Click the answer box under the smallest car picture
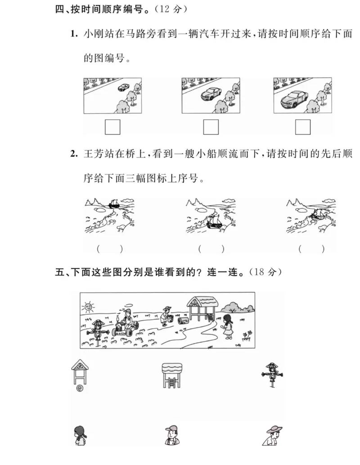112,127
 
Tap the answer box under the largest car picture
303,127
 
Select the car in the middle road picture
211,94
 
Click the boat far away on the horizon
114,204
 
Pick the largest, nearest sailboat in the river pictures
213,221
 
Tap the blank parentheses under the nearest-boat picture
211,248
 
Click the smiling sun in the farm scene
88,307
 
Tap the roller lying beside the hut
184,321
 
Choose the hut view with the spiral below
80,375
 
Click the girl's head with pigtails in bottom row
80,434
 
